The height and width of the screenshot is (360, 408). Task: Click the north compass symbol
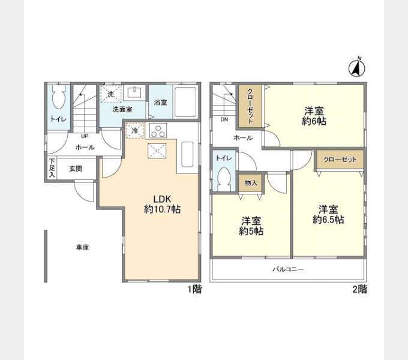[x=357, y=68]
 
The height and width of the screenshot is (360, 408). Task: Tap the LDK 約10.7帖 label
[x=162, y=204]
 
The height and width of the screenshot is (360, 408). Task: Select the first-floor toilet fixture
[x=59, y=97]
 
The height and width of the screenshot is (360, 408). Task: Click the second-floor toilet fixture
[x=224, y=179]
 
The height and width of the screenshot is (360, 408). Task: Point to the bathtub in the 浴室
[x=185, y=102]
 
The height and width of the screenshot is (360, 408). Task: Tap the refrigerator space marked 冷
[x=134, y=130]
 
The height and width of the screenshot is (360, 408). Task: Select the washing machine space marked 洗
[x=111, y=94]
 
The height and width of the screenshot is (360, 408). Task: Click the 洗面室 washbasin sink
[x=134, y=92]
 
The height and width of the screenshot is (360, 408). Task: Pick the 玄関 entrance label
[x=76, y=169]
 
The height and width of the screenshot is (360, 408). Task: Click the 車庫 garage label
[x=82, y=247]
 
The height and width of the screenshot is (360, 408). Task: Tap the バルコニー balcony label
[x=288, y=269]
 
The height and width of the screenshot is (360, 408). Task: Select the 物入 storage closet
[x=251, y=183]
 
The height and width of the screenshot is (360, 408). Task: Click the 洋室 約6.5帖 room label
[x=328, y=214]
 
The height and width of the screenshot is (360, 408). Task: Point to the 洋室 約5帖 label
[x=251, y=226]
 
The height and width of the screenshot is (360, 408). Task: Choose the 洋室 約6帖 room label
[x=314, y=116]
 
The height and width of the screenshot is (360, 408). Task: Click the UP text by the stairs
[x=85, y=136]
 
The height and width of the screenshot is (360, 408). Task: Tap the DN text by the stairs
[x=224, y=119]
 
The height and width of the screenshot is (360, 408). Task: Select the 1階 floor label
[x=194, y=289]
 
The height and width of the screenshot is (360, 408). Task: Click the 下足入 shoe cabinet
[x=52, y=168]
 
